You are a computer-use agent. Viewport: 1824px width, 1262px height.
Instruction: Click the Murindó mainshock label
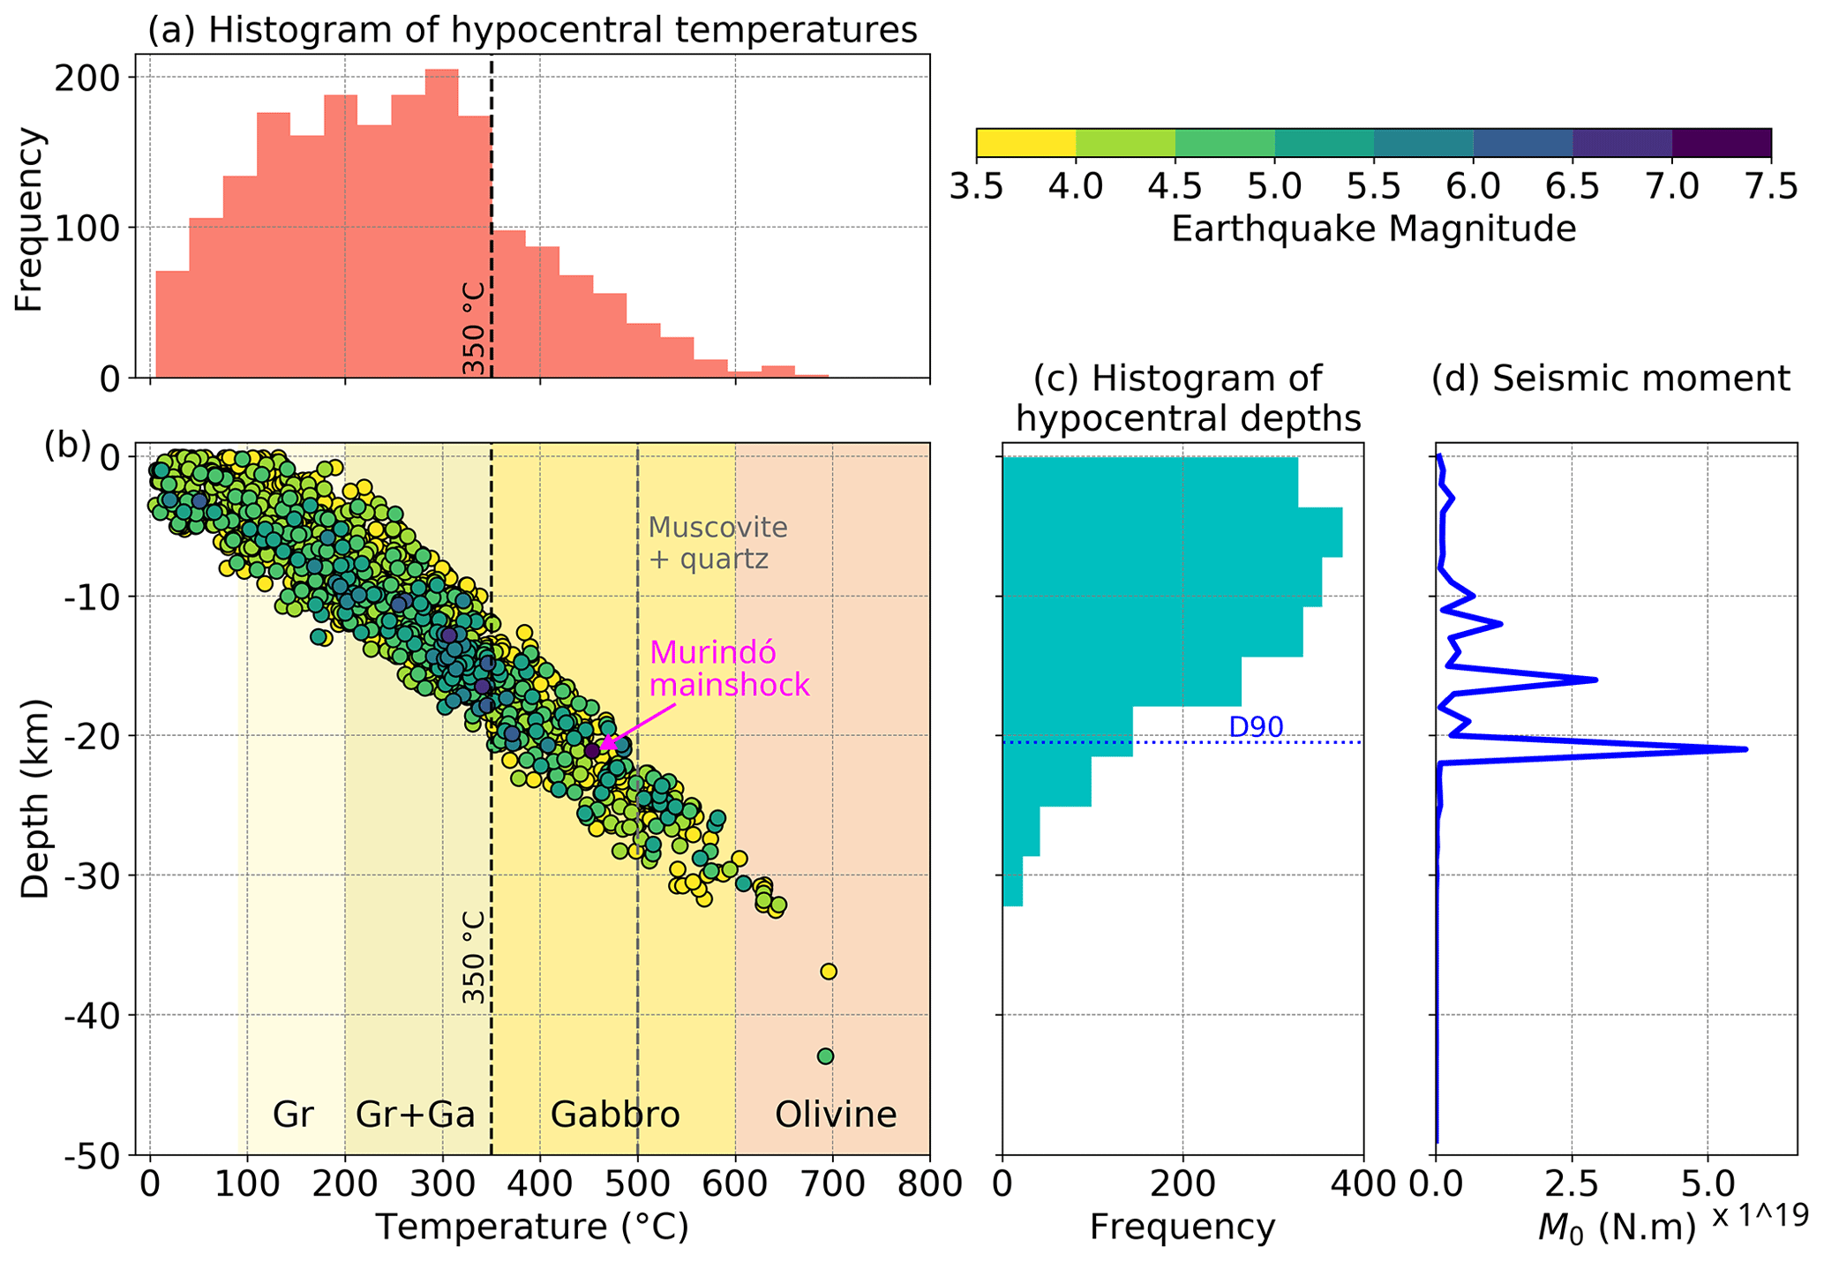(728, 669)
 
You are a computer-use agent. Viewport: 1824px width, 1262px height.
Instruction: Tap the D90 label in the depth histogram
(1255, 727)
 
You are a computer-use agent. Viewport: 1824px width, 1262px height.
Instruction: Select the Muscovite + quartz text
(717, 543)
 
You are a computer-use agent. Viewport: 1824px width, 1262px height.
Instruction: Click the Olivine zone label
(835, 1115)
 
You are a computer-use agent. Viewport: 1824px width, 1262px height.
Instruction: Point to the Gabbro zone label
(615, 1115)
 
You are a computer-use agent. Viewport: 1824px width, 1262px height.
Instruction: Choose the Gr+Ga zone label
(415, 1115)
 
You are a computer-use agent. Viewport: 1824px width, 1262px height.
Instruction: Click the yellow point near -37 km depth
(828, 972)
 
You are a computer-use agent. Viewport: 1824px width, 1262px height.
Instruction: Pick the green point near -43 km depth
(825, 1056)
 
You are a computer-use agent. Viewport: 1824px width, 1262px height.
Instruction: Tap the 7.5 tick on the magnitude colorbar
(1770, 187)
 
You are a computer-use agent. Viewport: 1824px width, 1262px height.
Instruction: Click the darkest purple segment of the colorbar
(1721, 143)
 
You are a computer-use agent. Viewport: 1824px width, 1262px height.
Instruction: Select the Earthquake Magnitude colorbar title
(1373, 229)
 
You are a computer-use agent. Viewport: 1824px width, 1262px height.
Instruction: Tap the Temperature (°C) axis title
(532, 1228)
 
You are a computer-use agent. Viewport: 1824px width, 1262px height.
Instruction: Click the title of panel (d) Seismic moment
(1610, 379)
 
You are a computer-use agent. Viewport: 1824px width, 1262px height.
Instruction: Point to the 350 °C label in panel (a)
(475, 328)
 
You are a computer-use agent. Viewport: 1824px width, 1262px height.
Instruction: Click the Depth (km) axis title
(35, 799)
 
